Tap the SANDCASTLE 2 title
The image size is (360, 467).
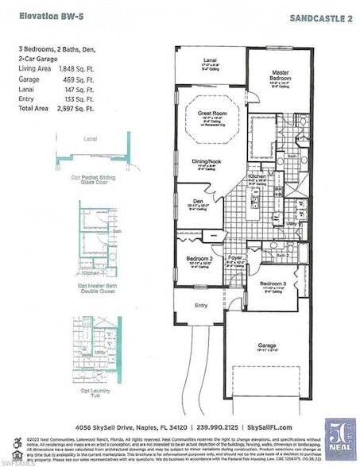click(x=322, y=16)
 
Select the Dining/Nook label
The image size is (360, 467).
click(x=206, y=161)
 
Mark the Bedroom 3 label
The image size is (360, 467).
click(x=273, y=284)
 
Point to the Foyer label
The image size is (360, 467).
click(x=234, y=257)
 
